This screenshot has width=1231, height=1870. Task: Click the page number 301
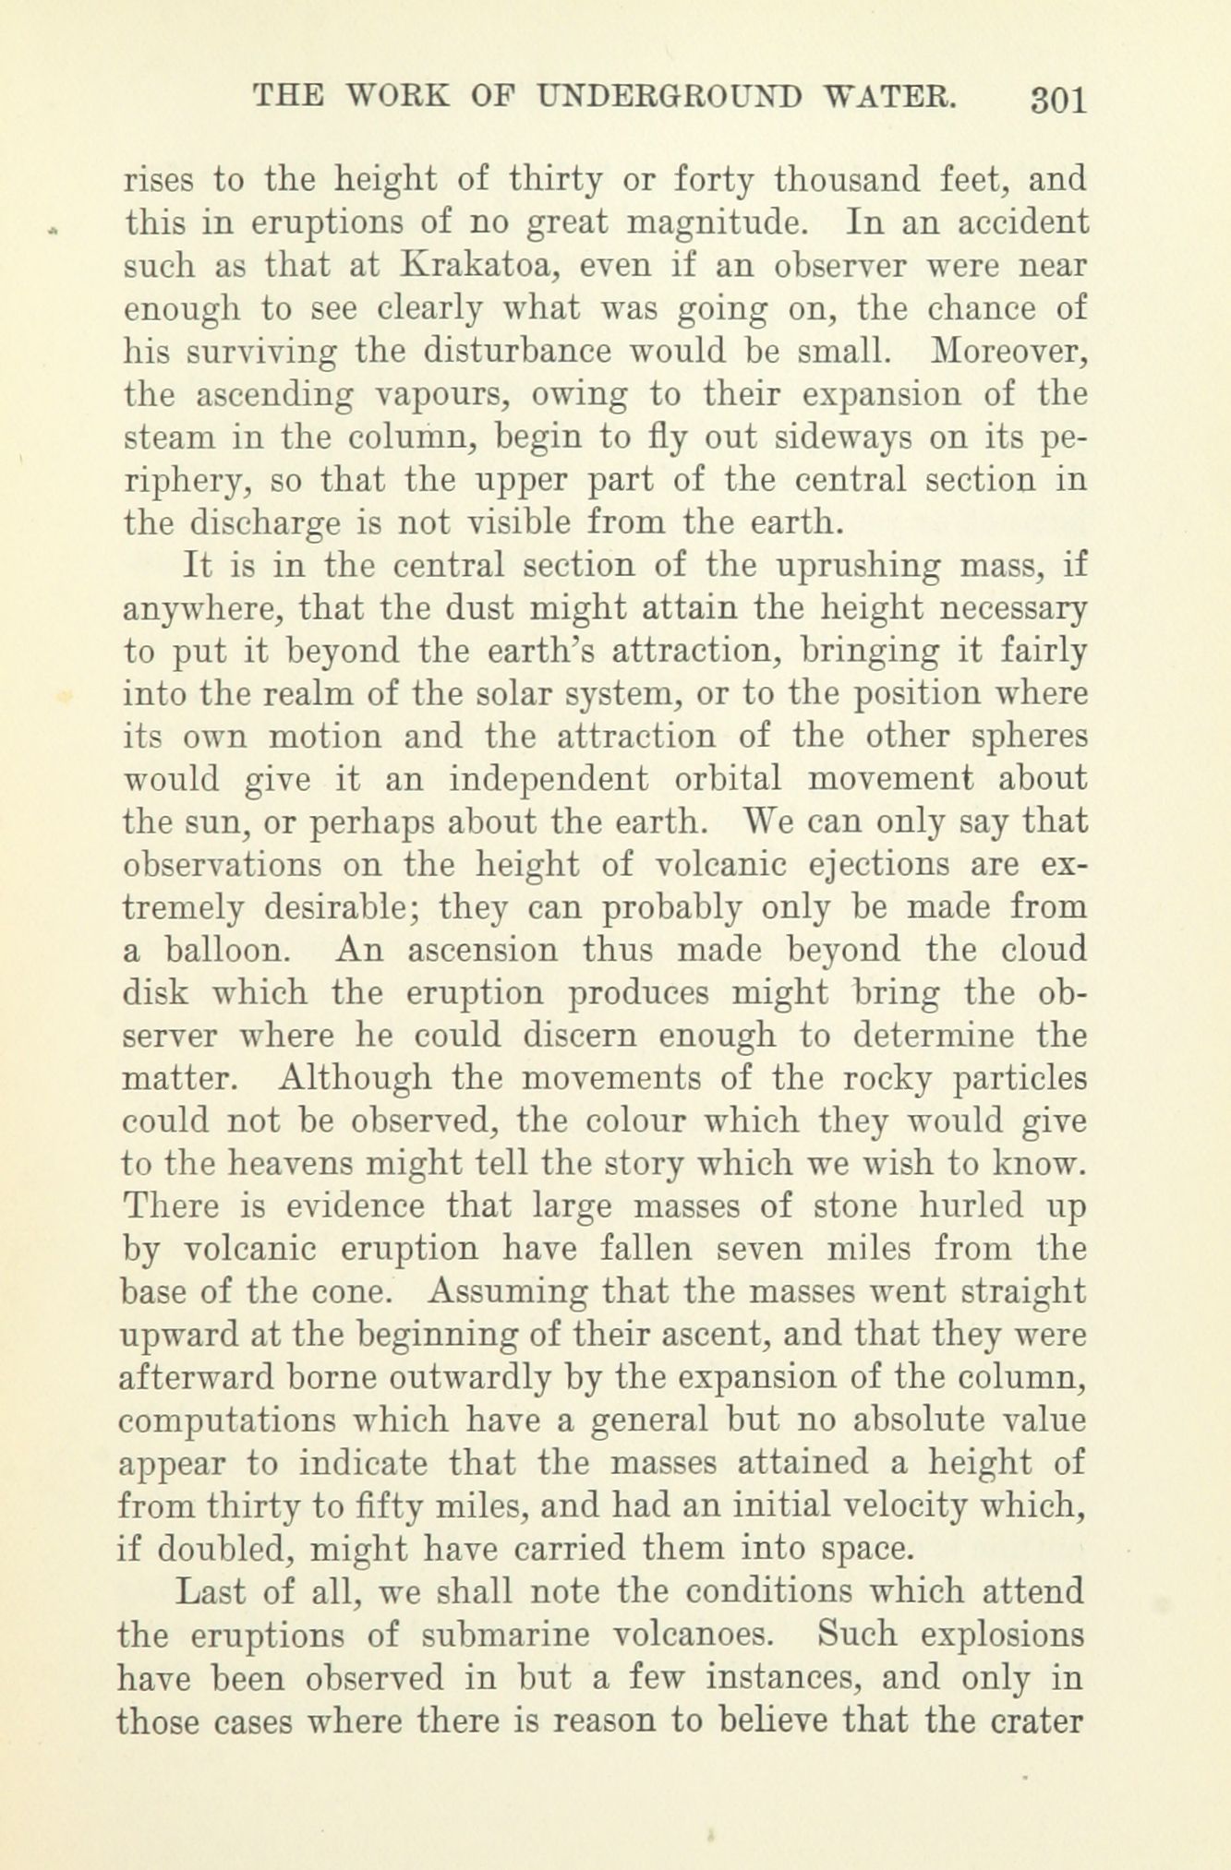[1058, 98]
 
